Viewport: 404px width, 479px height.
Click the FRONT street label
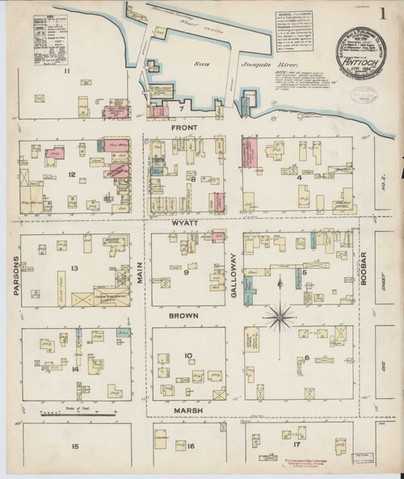point(185,127)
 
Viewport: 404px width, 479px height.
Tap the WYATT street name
point(185,220)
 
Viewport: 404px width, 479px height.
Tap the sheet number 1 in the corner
point(381,14)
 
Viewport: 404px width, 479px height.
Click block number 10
point(187,355)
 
